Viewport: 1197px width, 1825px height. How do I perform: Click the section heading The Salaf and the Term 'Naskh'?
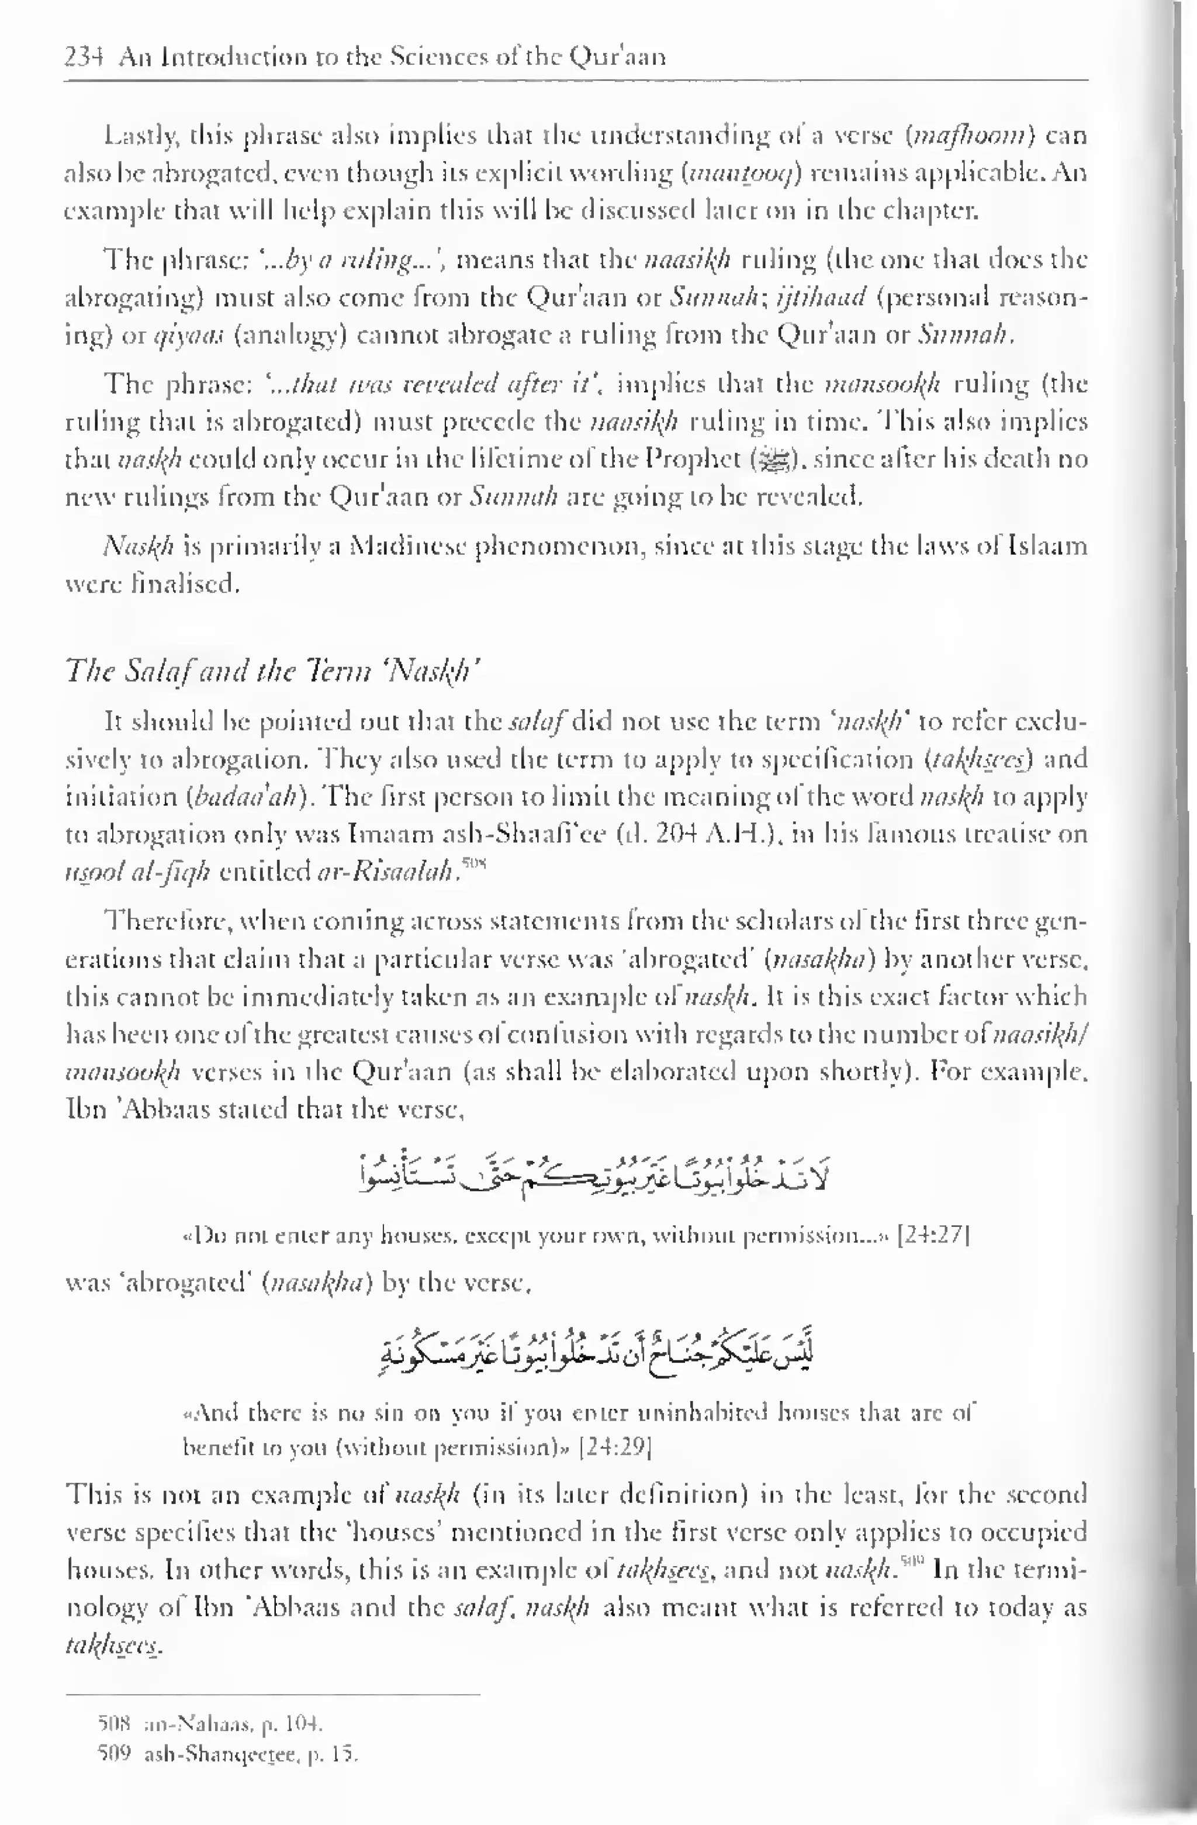(273, 672)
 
